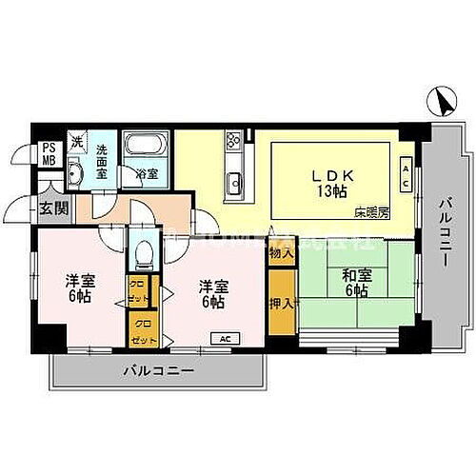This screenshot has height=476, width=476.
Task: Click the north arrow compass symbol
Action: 439,98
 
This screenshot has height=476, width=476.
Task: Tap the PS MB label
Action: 47,153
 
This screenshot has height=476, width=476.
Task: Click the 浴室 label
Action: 146,175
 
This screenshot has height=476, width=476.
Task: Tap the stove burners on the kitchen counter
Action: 233,142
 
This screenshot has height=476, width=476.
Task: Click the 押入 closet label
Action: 279,303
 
